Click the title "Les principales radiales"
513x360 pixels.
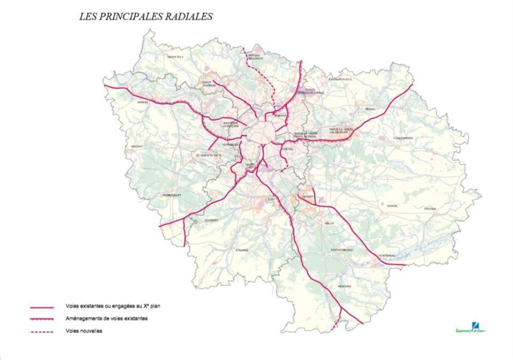click(x=145, y=17)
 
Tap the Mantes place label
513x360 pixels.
click(x=142, y=103)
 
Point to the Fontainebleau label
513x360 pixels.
click(x=341, y=250)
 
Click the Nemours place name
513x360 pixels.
click(x=345, y=286)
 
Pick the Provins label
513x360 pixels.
click(x=430, y=209)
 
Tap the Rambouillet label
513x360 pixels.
click(x=172, y=195)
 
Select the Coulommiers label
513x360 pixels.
click(x=403, y=138)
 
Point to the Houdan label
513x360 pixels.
click(x=137, y=146)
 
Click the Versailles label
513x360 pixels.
click(x=230, y=145)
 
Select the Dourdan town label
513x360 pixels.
click(x=211, y=220)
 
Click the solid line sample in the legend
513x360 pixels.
click(x=42, y=308)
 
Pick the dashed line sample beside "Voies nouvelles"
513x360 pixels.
click(x=42, y=332)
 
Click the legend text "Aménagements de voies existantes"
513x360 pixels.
click(x=106, y=318)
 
